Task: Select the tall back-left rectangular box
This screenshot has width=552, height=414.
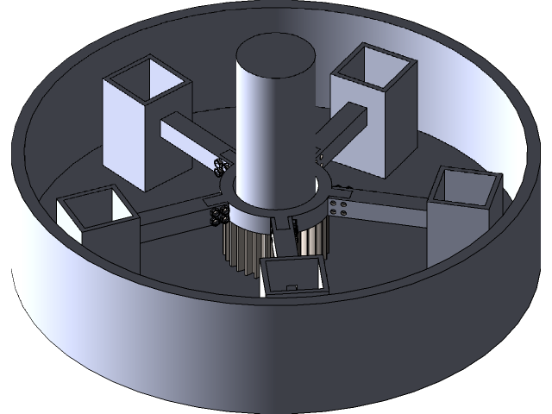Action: click(x=129, y=138)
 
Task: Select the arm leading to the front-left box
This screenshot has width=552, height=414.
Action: click(x=172, y=220)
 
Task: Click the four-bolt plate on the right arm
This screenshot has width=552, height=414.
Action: click(x=339, y=207)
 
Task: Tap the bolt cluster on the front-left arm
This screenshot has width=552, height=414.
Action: click(x=218, y=214)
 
